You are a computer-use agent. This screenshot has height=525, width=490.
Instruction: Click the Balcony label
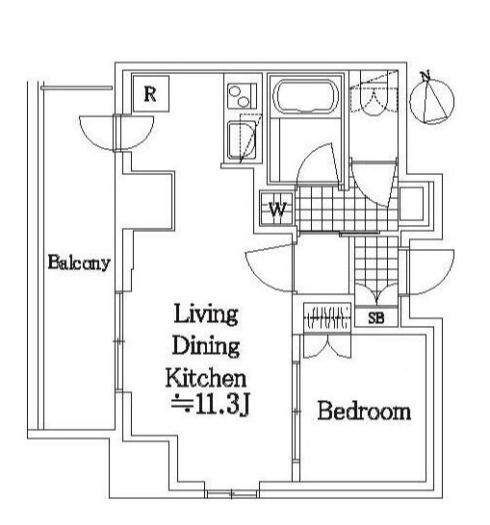[79, 262]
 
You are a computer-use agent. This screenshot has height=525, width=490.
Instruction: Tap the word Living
[206, 314]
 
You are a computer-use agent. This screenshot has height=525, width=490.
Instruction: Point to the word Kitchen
[206, 378]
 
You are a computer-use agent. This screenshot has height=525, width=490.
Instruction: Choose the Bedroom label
[364, 411]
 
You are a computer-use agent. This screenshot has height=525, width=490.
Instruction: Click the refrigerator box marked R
[151, 94]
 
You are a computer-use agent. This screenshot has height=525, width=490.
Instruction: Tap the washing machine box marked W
[277, 210]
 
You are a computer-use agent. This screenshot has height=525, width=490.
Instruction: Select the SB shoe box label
[376, 317]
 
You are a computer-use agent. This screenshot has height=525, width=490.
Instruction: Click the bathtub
[305, 97]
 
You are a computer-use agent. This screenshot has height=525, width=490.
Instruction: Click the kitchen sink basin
[241, 139]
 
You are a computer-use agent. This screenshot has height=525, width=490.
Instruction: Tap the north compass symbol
[432, 100]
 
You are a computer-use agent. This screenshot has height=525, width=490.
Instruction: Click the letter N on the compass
[426, 76]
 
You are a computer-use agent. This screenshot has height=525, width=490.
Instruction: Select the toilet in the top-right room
[374, 99]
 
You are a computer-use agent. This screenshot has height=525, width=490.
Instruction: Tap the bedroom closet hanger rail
[327, 317]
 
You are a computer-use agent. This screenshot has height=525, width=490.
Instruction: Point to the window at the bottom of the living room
[232, 494]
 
